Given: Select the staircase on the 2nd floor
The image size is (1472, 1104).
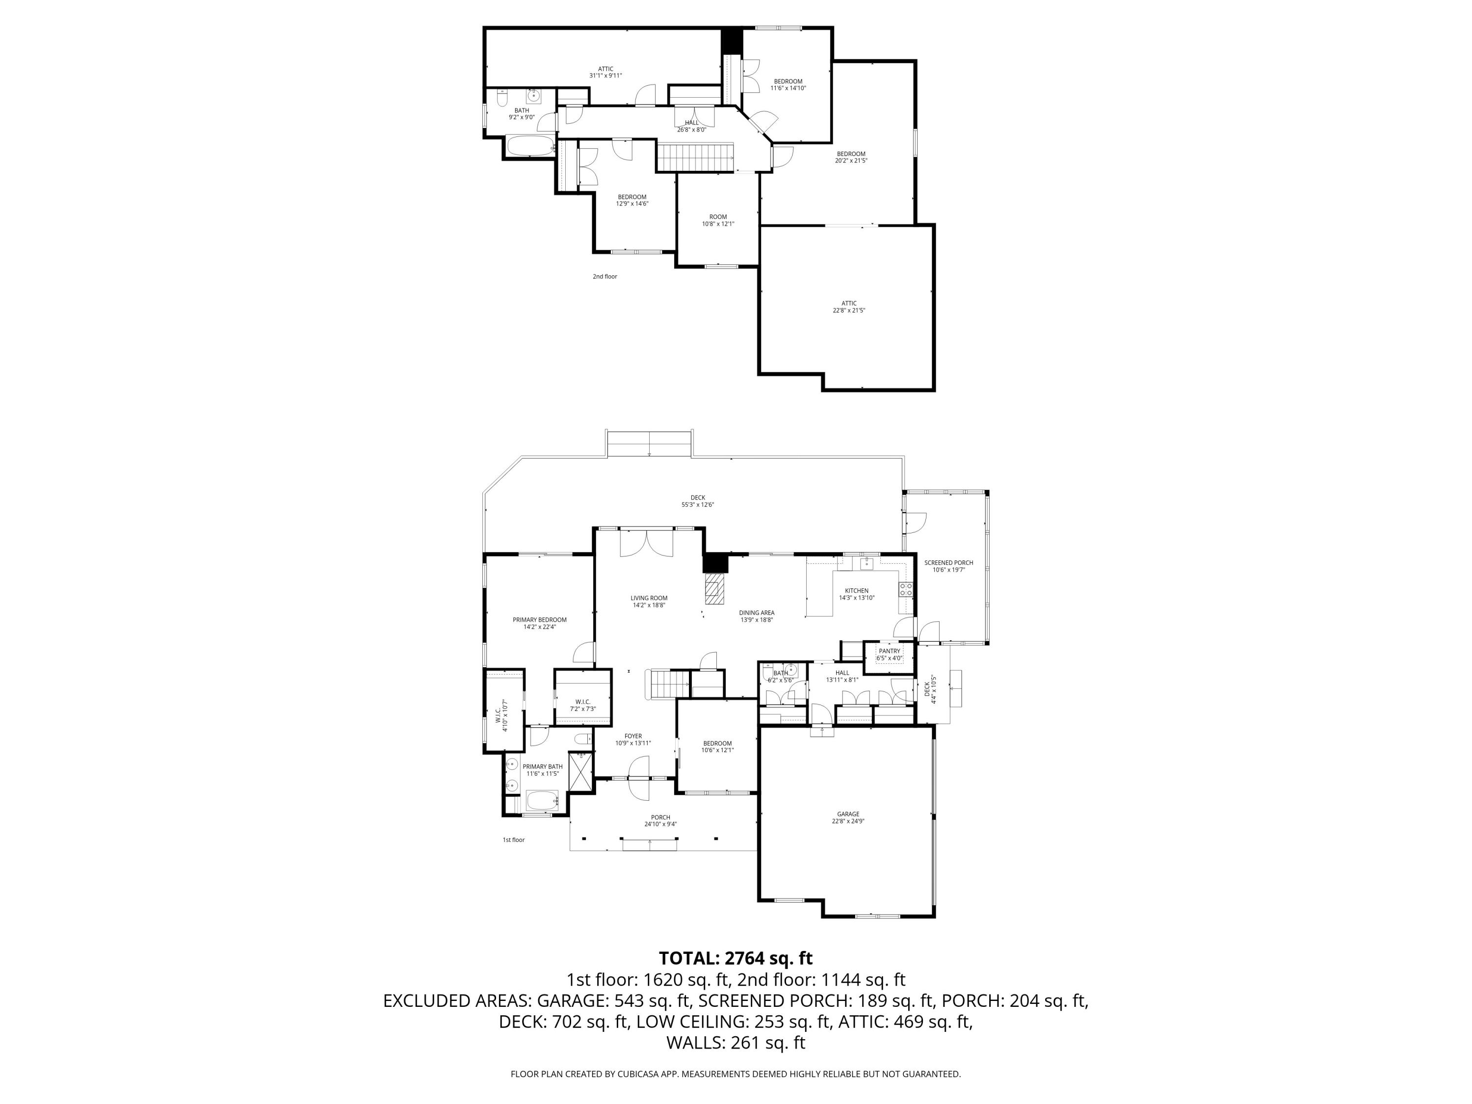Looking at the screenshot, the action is pos(695,157).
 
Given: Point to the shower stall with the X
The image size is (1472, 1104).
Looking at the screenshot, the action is pos(581,771).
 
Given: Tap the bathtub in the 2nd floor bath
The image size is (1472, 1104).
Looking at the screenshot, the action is pos(530,146).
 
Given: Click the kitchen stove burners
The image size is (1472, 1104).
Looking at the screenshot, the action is pos(906,589).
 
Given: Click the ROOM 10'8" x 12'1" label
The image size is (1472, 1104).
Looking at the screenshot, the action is pos(718,220).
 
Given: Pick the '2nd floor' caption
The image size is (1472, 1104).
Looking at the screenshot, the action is pos(605,276).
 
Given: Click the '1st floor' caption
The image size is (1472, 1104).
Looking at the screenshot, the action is pos(514,840).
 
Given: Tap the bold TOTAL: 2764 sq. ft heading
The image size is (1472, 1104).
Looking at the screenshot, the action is pos(736,958).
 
